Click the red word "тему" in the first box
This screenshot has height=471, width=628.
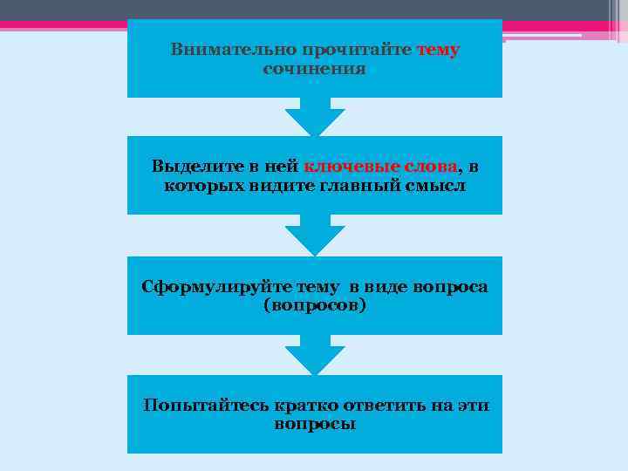[x=438, y=50]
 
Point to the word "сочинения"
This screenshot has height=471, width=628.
[x=314, y=68]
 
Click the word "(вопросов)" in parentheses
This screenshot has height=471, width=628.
[x=314, y=306]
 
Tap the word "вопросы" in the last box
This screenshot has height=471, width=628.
[x=314, y=425]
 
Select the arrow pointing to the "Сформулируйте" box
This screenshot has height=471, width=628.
[x=315, y=235]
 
